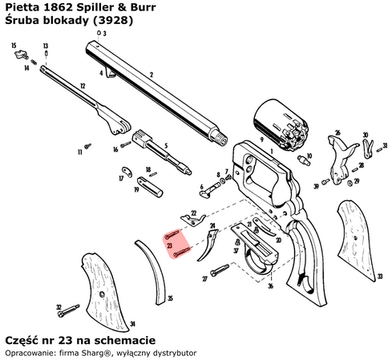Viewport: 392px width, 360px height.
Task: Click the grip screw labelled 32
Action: pyautogui.click(x=71, y=307)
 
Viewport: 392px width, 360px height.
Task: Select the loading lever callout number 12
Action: pyautogui.click(x=83, y=83)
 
